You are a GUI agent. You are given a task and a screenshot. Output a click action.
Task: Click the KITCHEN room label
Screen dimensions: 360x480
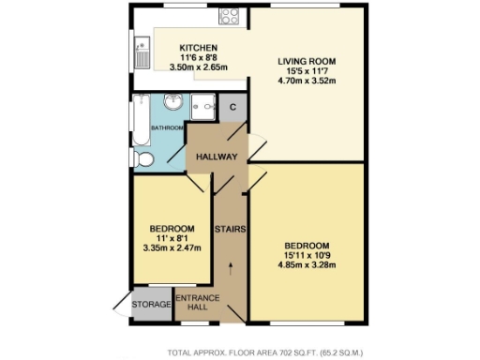199,48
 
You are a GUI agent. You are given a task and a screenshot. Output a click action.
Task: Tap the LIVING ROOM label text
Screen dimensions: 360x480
307,62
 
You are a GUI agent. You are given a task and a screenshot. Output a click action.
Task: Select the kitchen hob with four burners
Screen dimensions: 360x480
230,16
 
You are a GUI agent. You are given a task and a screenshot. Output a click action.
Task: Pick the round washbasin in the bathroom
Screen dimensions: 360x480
174,102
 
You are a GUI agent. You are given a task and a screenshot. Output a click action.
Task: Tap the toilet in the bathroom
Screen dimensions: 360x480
143,159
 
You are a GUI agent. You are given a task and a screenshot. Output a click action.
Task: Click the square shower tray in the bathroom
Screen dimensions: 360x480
204,107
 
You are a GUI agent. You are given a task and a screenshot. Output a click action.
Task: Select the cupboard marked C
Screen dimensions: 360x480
233,107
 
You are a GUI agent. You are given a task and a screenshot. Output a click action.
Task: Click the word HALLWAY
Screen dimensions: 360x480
217,156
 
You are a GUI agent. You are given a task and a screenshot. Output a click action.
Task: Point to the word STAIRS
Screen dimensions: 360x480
230,229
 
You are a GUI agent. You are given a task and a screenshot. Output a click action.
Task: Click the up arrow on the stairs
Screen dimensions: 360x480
231,273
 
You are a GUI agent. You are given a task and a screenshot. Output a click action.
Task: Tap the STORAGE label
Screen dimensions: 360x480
151,305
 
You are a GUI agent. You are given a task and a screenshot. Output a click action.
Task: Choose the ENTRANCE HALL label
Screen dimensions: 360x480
199,304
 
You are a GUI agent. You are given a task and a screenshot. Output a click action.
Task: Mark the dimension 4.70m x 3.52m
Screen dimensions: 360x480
307,82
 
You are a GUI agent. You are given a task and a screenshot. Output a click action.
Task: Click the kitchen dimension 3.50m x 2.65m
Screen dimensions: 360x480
199,67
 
